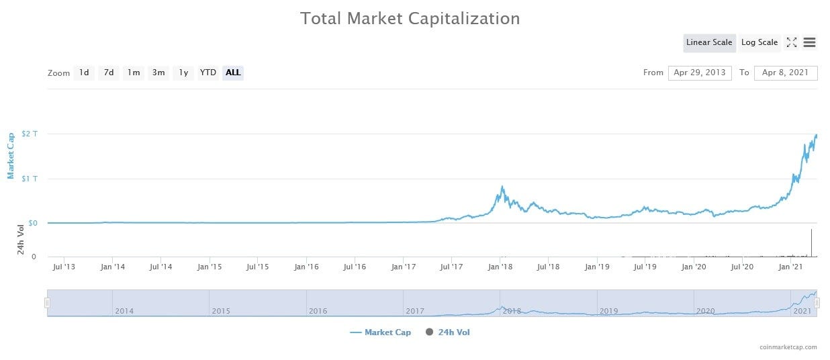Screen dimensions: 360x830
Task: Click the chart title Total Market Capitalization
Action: click(410, 18)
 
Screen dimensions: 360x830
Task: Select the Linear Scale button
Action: click(709, 42)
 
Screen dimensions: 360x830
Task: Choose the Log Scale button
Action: click(759, 42)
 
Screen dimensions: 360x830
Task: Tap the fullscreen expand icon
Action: click(792, 42)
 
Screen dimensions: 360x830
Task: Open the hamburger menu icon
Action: click(809, 42)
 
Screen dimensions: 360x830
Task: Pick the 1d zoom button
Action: click(84, 73)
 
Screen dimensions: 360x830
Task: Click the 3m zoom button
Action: click(158, 73)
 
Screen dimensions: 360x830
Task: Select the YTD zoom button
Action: click(208, 73)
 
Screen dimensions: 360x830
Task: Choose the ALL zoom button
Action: click(233, 73)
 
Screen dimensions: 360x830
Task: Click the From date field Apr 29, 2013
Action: click(700, 73)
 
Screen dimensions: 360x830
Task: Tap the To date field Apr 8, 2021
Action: click(786, 73)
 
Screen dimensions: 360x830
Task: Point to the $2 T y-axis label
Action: click(30, 134)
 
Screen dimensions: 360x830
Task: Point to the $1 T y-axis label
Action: click(30, 178)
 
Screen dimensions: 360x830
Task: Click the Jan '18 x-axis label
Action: click(500, 267)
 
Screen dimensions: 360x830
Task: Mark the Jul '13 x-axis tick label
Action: click(63, 267)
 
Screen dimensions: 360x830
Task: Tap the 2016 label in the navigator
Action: click(318, 311)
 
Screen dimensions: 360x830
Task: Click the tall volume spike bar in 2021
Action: click(811, 243)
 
